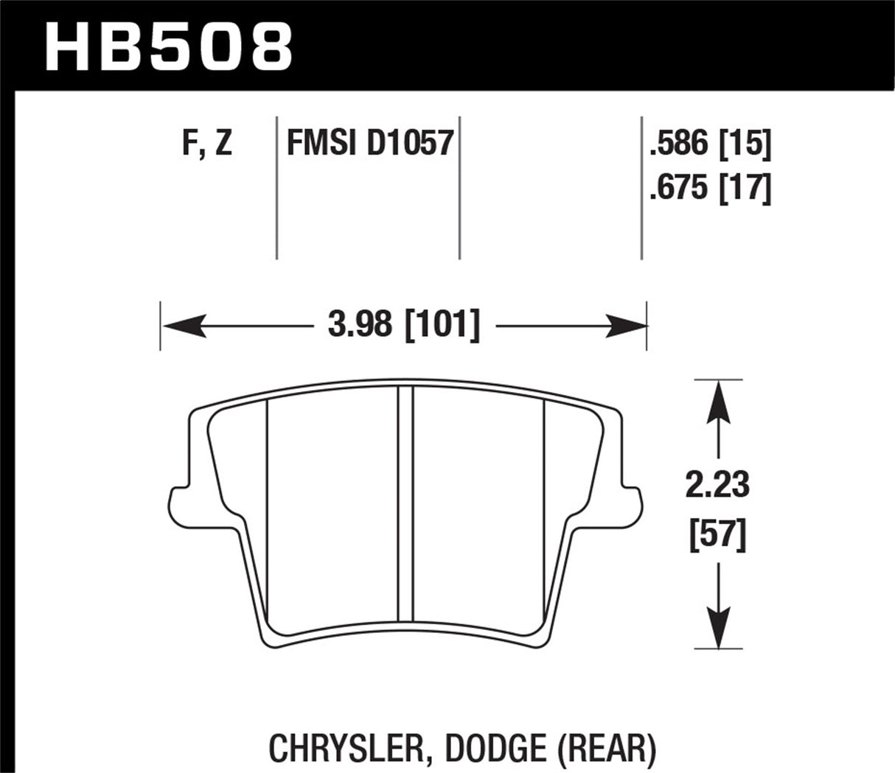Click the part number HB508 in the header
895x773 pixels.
coord(169,46)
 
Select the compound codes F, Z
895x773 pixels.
coord(206,142)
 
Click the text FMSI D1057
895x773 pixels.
coord(369,142)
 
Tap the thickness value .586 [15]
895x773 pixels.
coord(710,144)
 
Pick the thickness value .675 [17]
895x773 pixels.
coord(710,189)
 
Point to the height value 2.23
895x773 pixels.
coord(717,486)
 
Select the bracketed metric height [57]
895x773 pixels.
coord(717,534)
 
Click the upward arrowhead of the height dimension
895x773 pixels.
coord(718,398)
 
